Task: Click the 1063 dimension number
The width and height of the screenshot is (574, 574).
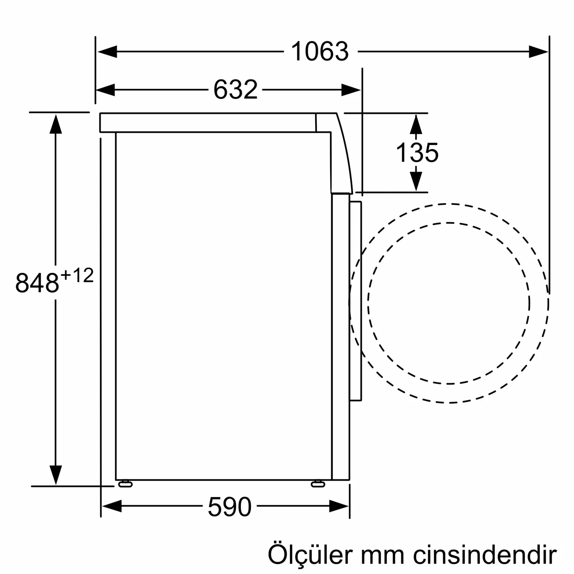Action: coord(320,52)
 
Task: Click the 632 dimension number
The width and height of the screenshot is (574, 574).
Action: coord(235,90)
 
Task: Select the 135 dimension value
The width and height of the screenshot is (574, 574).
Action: coord(417,153)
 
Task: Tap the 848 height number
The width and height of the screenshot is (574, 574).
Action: coord(37,283)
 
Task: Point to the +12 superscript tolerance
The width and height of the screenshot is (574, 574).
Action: coord(77,276)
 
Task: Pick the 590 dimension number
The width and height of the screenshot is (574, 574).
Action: coord(230,507)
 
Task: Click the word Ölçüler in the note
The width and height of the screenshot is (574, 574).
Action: coord(311,555)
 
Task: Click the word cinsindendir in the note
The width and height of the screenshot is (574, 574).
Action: coord(485,555)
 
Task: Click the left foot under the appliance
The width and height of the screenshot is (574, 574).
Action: coord(125,484)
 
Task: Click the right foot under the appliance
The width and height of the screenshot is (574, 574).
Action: coord(318,484)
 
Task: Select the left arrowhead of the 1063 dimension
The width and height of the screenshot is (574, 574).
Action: coord(107,52)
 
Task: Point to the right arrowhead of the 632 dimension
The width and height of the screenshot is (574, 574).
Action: coord(350,90)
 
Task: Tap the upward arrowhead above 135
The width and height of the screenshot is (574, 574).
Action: coord(416,124)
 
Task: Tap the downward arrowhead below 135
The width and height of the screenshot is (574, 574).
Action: coord(416,181)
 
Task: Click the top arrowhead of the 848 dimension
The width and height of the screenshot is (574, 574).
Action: coord(56,124)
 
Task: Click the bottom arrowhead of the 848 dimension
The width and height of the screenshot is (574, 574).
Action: coord(56,475)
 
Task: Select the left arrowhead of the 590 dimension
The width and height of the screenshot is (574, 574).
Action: coord(112,506)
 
